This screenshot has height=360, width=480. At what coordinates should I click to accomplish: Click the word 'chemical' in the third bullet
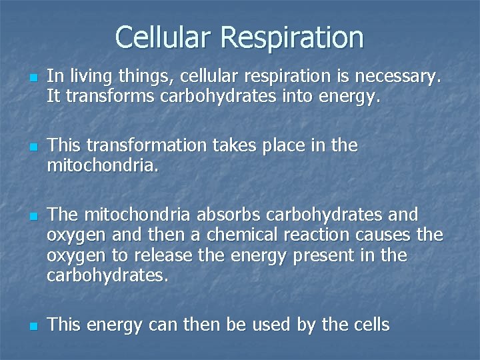[241, 235]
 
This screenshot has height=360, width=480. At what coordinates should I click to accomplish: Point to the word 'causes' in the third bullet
[382, 235]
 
